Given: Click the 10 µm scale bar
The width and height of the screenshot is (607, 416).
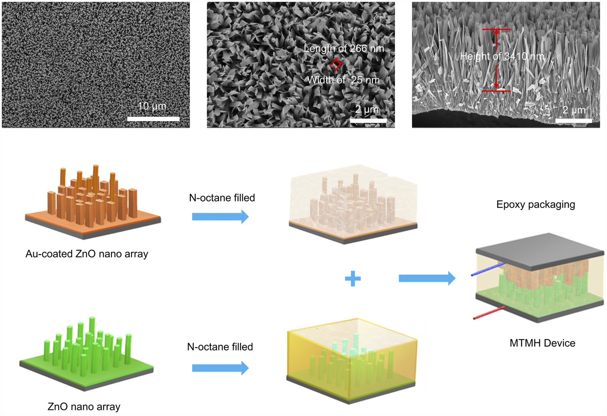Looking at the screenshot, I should (153, 118).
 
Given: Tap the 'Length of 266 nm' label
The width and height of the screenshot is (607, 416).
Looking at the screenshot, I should (343, 49).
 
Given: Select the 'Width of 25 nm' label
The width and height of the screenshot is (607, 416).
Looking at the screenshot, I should (343, 80).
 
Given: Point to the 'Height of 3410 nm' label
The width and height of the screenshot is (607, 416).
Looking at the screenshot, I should (502, 56).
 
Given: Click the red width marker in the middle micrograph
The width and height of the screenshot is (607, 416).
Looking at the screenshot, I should (336, 65).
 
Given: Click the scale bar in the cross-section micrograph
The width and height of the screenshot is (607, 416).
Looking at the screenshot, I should (574, 120).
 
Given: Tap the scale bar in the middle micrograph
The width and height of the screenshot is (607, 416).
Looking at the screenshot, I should (368, 121).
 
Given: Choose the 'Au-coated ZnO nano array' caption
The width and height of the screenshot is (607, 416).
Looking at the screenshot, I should (87, 254).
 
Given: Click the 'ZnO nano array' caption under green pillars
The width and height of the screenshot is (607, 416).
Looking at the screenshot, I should (84, 406).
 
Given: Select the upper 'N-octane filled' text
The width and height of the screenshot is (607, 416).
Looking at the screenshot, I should (222, 198).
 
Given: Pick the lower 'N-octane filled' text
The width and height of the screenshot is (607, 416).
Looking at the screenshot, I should (220, 347).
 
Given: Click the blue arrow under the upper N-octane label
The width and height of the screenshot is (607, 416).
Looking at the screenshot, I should (220, 216).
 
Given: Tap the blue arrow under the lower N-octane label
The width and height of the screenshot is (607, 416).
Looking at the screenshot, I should (220, 368).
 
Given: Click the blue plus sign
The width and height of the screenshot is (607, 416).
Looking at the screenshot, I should (352, 278).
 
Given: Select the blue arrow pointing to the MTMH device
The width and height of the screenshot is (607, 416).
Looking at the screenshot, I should (427, 278).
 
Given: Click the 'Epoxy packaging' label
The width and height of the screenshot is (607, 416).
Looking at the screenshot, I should (535, 204).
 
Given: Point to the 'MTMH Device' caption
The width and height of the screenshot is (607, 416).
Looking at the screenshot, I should (542, 343).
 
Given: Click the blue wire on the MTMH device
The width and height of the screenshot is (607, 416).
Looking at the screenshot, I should (488, 269).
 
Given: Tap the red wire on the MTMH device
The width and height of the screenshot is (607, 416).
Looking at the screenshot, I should (489, 313).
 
